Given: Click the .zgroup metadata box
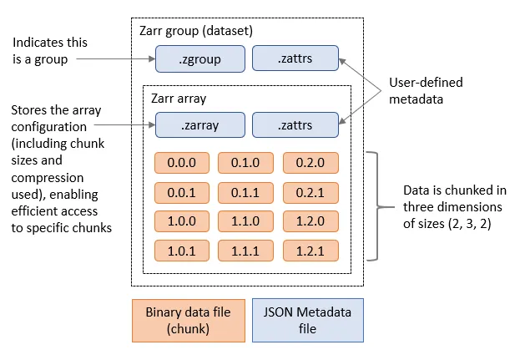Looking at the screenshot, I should (200, 58).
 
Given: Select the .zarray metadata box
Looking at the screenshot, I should (200, 125).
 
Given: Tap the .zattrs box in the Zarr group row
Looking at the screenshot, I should (295, 58).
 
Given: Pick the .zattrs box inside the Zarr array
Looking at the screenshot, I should (295, 125).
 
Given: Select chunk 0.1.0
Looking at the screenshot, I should (245, 162).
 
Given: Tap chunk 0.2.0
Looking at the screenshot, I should (310, 162).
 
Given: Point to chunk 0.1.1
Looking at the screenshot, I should (245, 192).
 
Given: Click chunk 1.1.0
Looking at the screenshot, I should (245, 221).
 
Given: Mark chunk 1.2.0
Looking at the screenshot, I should (310, 221).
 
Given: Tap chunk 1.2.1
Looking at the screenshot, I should (310, 251).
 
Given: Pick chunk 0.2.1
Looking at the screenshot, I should (310, 192).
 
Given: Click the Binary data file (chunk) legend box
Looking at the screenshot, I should (187, 321).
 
